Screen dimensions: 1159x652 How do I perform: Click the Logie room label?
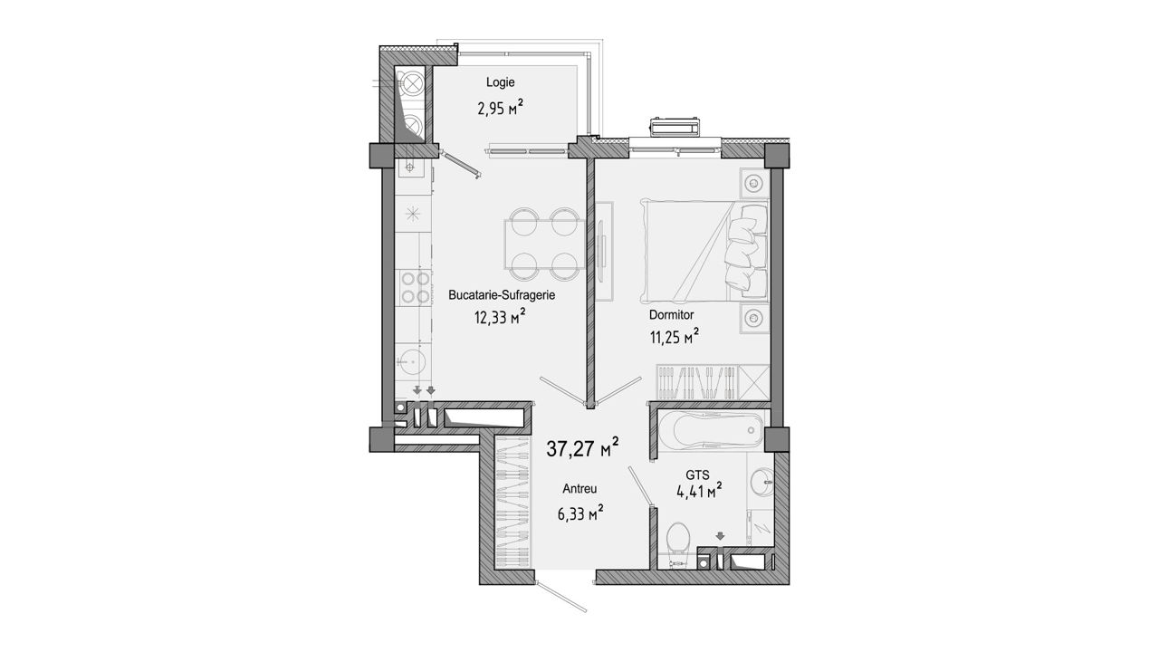pyautogui.click(x=500, y=82)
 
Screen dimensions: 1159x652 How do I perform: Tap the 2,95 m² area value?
pyautogui.click(x=500, y=110)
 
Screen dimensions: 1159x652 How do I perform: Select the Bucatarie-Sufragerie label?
pyautogui.click(x=502, y=295)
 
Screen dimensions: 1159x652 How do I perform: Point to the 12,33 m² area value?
pyautogui.click(x=500, y=317)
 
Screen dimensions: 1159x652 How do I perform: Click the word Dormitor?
pyautogui.click(x=672, y=314)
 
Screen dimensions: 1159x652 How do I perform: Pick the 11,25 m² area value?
pyautogui.click(x=675, y=338)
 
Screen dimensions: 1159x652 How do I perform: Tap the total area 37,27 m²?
pyautogui.click(x=582, y=448)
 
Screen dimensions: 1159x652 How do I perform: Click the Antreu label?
pyautogui.click(x=580, y=488)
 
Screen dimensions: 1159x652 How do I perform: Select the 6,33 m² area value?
pyautogui.click(x=580, y=513)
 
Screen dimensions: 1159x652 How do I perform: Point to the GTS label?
pyautogui.click(x=697, y=475)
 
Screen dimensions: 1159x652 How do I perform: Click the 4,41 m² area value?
pyautogui.click(x=700, y=492)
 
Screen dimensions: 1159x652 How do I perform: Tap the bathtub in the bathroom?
pyautogui.click(x=711, y=430)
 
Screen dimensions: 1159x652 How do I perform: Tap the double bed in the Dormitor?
pyautogui.click(x=704, y=252)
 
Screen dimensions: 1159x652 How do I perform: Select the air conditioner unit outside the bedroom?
pyautogui.click(x=675, y=128)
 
